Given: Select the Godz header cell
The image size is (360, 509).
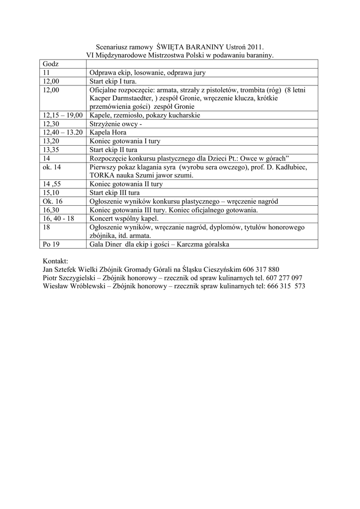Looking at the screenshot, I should pyautogui.click(x=51, y=64).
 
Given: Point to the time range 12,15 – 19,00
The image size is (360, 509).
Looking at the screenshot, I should pyautogui.click(x=63, y=115).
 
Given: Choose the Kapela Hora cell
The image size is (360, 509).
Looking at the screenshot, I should pyautogui.click(x=108, y=133).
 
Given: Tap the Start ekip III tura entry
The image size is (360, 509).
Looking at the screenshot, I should pyautogui.click(x=114, y=192).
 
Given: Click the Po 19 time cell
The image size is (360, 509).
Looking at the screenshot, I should pyautogui.click(x=51, y=245).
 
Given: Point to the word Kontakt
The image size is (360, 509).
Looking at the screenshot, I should pyautogui.click(x=56, y=261).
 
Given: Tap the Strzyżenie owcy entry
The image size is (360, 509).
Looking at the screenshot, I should pyautogui.click(x=116, y=124).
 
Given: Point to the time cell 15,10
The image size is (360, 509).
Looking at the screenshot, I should pyautogui.click(x=52, y=192).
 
